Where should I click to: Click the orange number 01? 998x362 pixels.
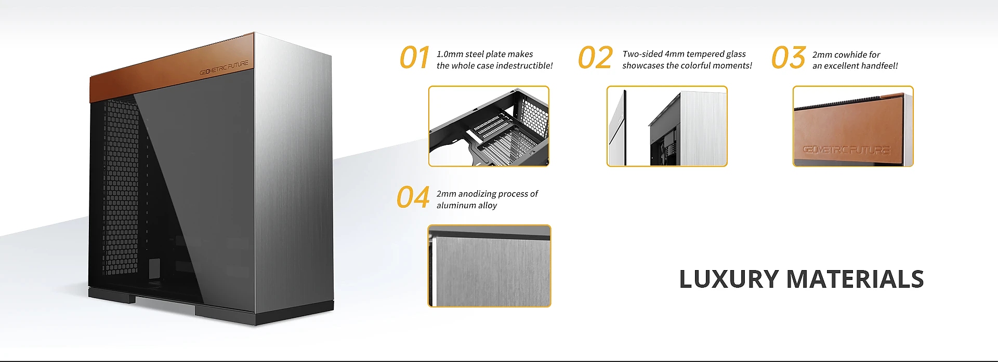[x=414, y=57]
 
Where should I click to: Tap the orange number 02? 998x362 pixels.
[x=596, y=57]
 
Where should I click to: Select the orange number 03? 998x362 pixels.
[x=789, y=57]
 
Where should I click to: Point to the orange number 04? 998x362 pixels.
[x=413, y=197]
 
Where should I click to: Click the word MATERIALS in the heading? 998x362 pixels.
[x=855, y=279]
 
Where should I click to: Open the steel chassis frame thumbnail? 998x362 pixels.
[x=489, y=126]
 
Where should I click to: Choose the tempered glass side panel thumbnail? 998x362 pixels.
[x=667, y=126]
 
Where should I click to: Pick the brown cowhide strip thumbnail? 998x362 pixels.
[x=853, y=126]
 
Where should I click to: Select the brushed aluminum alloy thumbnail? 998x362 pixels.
[x=489, y=266]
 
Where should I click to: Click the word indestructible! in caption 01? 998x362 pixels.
[x=524, y=65]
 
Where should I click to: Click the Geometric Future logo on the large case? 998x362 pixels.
[x=224, y=68]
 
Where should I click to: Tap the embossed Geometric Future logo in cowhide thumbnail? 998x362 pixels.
[x=846, y=150]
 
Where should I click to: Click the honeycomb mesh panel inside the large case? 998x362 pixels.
[x=121, y=187]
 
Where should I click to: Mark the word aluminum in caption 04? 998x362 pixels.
[x=456, y=205]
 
